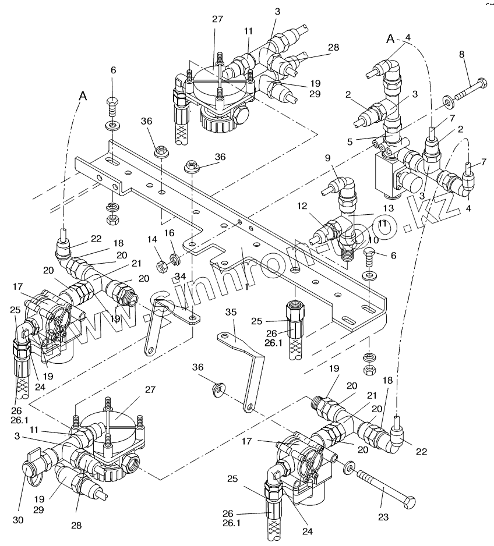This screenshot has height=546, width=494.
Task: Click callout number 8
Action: [x=461, y=55]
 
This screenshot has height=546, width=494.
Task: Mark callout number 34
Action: [x=180, y=275]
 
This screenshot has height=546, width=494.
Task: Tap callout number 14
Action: [x=151, y=239]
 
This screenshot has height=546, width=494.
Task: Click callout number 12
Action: [x=302, y=205]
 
